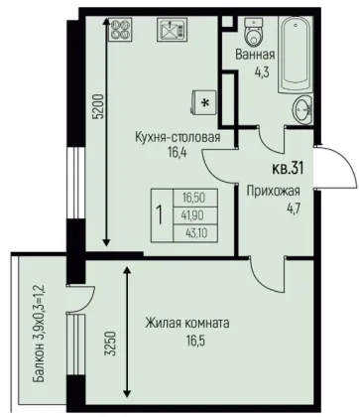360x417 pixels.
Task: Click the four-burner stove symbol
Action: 119,29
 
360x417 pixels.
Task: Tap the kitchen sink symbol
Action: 171,29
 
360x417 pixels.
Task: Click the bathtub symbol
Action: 296,55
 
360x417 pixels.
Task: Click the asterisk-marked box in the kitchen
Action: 204,102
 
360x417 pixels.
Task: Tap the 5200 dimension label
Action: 99,107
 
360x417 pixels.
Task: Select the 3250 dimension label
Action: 112,343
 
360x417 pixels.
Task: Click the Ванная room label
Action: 255,55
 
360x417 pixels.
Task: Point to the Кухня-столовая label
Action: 178,137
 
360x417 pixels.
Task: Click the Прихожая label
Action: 274,191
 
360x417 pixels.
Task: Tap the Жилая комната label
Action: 187,323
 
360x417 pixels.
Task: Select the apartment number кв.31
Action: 288,169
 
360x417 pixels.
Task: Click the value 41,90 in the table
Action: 192,215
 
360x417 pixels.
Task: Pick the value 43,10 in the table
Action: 196,233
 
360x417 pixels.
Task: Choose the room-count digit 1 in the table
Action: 160,215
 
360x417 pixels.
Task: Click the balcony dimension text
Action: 39,334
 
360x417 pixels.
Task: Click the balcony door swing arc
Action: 86,300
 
